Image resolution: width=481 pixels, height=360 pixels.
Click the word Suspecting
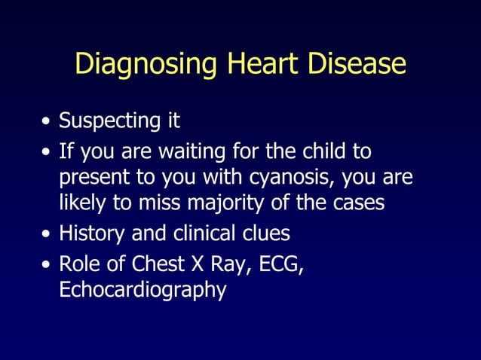pos(105,121)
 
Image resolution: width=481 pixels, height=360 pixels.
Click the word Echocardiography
pos(142,291)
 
